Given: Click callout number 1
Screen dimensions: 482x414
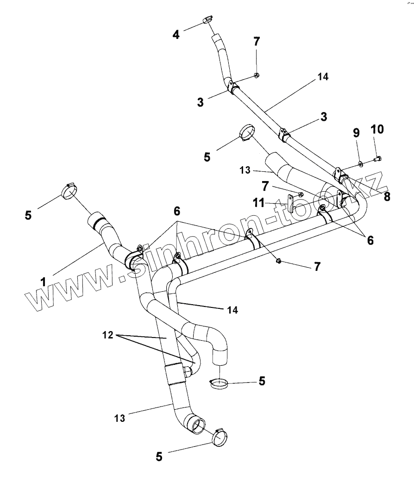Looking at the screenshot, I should [x=43, y=281].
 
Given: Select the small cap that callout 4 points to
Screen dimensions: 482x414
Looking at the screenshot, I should [x=207, y=19].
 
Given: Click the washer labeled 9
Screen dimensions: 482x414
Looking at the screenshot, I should [x=360, y=163].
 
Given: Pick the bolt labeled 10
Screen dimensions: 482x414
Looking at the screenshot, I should [x=377, y=160].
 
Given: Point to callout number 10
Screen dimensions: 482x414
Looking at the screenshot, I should [x=377, y=129].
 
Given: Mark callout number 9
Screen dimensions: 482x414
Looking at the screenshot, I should [x=356, y=133].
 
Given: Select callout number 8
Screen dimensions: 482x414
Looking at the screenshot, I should [x=387, y=196].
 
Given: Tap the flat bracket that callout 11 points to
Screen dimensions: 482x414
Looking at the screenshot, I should [x=290, y=204].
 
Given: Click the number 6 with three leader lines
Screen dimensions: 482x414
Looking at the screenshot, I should [x=177, y=211].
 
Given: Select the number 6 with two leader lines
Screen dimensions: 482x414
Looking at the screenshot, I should [x=369, y=240].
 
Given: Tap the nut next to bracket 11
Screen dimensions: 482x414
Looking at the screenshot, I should [x=301, y=194].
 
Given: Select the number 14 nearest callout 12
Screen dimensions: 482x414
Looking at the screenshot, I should [x=233, y=310].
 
